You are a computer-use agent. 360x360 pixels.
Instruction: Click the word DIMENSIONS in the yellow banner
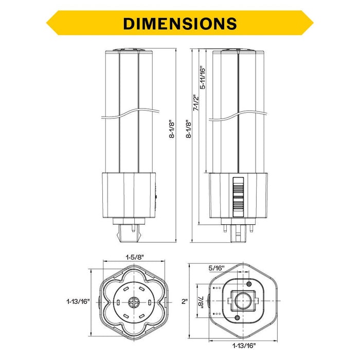(180, 24)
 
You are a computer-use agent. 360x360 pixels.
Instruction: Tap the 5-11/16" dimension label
(203, 78)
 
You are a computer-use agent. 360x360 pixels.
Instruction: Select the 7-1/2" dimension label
(195, 103)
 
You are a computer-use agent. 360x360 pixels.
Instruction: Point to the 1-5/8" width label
(135, 257)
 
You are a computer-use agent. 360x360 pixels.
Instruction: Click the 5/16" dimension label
(217, 268)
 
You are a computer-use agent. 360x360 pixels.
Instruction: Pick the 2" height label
(185, 301)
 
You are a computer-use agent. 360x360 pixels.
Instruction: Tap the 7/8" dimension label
(201, 301)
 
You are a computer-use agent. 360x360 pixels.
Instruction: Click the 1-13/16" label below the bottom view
(244, 345)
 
